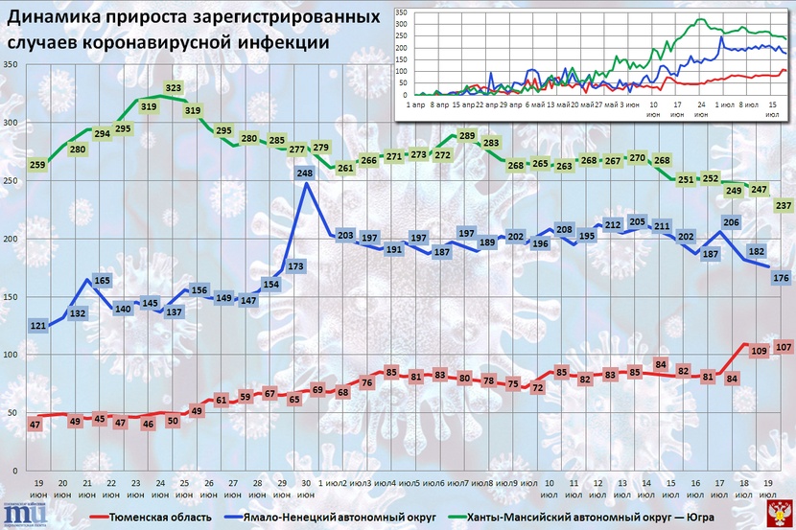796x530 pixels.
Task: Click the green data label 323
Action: [174, 88]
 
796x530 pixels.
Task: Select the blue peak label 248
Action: [305, 173]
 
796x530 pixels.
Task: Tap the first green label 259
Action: [38, 165]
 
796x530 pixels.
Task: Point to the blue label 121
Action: [38, 327]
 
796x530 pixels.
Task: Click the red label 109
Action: [758, 352]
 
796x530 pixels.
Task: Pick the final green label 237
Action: [783, 205]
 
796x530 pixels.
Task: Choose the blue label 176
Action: [781, 278]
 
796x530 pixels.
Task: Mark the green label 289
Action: [467, 136]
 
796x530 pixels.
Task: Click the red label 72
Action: [538, 388]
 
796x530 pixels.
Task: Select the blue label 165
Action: [103, 280]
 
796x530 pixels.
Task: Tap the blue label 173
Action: [295, 265]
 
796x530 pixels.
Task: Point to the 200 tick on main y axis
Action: [12, 239]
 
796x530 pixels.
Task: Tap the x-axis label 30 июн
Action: [305, 488]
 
